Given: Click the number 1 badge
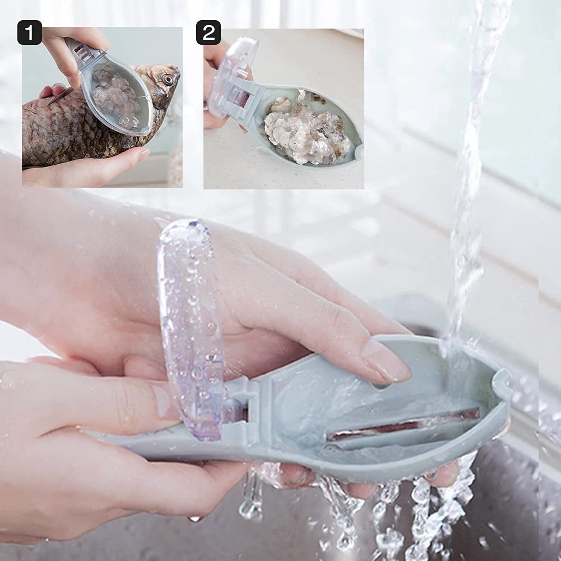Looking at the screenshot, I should point(30,33).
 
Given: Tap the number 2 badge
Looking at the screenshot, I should point(208,33).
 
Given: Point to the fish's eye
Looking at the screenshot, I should point(167,80).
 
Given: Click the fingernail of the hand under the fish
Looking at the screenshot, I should point(142,154).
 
